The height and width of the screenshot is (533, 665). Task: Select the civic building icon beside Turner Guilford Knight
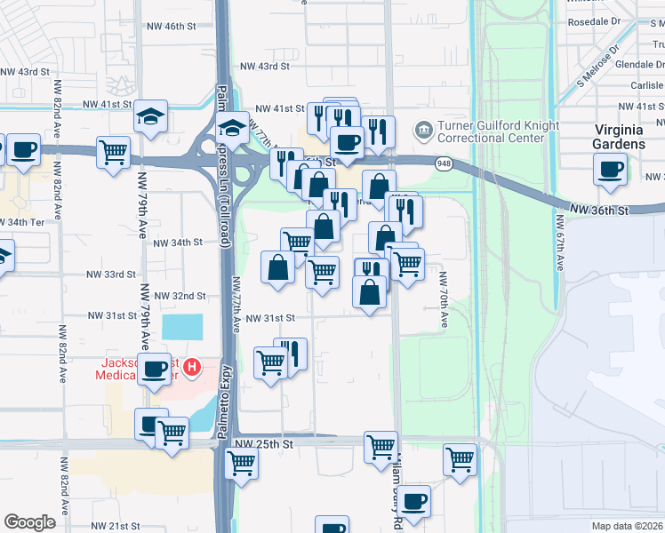point(423,131)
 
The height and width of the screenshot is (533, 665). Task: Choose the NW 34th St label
point(178,242)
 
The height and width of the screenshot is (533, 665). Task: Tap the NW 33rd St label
point(111,274)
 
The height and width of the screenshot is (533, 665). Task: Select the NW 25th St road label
point(263,442)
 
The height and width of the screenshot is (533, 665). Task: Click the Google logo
point(29,521)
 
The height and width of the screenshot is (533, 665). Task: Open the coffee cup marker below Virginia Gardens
point(611,169)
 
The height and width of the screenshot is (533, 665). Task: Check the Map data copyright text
point(628,526)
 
